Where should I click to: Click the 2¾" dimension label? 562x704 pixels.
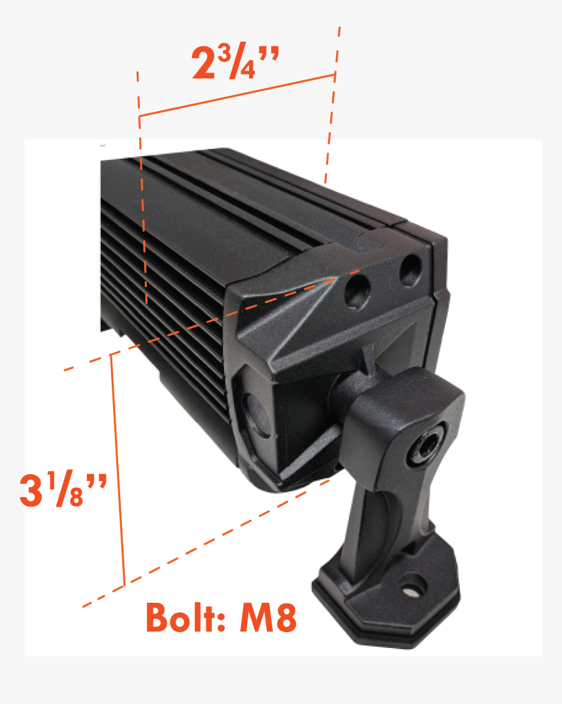coord(235,64)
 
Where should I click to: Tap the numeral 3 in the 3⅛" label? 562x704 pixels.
coord(31,491)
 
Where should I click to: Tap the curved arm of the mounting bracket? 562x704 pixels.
coord(379,516)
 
